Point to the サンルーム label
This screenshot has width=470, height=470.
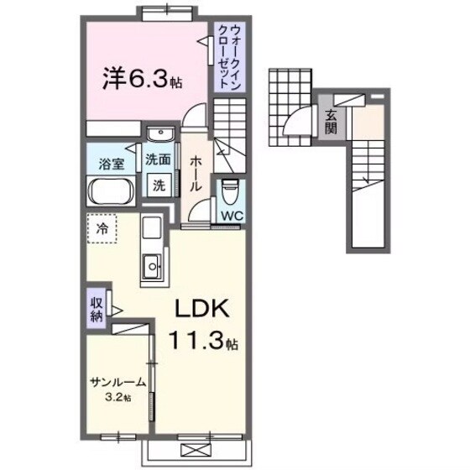118,383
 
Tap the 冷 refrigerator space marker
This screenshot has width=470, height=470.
103,227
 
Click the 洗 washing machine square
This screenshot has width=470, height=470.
158,185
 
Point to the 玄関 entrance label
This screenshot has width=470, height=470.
331,122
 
